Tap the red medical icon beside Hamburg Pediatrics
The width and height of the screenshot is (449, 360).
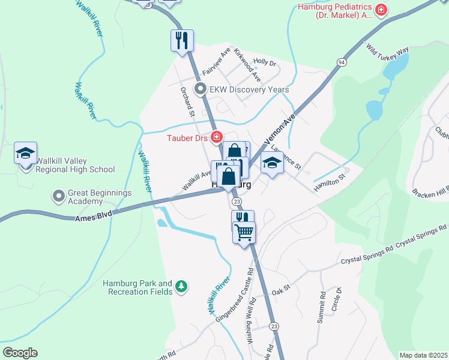pos(381,10)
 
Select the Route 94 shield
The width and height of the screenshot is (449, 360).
pos(341,62)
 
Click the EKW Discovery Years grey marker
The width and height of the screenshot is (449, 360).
pos(200,89)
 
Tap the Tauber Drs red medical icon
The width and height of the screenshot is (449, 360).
pos(217,138)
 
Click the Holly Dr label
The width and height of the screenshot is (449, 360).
pos(264,62)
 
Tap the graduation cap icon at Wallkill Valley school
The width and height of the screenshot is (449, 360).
pos(26,154)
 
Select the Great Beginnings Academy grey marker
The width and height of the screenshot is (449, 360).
pos(58,196)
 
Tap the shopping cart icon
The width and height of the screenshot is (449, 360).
pos(244,232)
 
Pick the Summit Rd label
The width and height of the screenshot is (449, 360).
pos(322,307)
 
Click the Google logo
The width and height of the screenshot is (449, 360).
pos(20,353)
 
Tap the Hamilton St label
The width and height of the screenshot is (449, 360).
pos(330,182)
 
